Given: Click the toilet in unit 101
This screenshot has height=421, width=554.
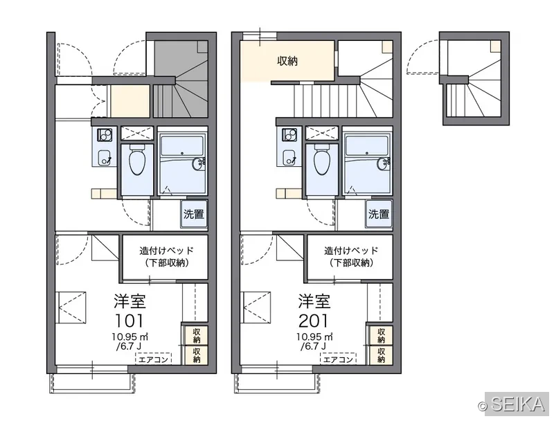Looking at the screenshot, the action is point(137,160).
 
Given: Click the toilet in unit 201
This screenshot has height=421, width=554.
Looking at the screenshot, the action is point(322,160).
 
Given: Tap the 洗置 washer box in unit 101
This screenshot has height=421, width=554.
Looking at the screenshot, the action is point(194,214).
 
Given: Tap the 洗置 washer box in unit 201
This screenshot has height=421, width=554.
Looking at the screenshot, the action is point(379,214).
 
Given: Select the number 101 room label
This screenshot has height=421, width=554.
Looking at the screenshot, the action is point(129,321).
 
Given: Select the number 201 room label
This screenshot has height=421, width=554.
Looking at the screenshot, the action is point(314,321).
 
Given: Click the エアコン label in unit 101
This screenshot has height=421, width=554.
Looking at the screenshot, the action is point(153,359).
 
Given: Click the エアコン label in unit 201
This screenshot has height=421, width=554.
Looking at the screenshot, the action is point(338,359).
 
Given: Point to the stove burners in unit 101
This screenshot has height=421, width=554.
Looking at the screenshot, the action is point(105,135).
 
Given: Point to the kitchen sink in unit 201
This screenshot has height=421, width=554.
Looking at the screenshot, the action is point(289,157).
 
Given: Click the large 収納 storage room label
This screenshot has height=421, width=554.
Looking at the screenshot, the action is point(287,61).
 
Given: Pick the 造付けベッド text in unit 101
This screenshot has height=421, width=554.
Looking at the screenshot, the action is point(166,251).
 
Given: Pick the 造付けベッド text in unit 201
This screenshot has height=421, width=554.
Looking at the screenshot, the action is point(351,251).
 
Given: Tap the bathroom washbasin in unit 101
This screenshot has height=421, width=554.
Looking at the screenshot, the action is point(198,163).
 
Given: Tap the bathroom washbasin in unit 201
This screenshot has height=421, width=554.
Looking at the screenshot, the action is point(384,163).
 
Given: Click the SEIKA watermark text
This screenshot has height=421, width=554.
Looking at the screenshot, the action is point(518,405).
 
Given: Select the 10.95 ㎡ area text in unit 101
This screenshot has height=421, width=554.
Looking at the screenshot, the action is point(130,337).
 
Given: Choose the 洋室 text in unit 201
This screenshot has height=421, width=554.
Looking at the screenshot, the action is point(314,301).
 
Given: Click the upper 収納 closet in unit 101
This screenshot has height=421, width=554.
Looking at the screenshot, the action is point(196,336).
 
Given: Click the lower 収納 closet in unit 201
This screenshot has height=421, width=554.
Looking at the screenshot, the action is point(381,355).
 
